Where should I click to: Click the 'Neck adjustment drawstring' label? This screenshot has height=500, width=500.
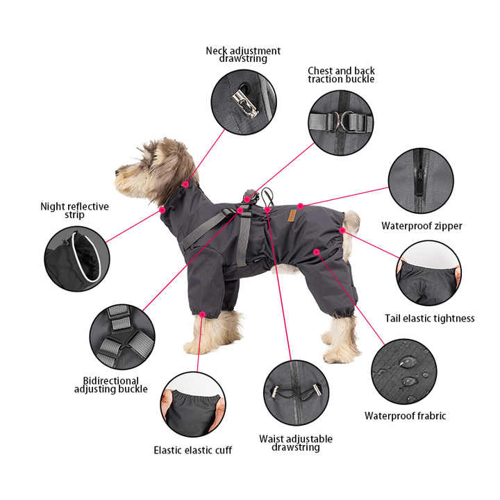click(x=243, y=55)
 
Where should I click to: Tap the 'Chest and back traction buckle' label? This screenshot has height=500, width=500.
click(x=341, y=75)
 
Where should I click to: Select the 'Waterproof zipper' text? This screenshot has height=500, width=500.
click(x=422, y=226)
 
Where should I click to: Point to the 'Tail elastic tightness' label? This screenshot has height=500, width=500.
click(x=430, y=318)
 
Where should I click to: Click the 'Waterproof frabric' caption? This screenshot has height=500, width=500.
click(x=405, y=416)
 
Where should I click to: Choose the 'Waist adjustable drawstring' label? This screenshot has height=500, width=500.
click(x=296, y=443)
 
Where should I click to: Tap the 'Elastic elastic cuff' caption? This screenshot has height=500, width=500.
click(x=192, y=450)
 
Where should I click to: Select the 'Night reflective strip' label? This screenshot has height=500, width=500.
click(x=74, y=210)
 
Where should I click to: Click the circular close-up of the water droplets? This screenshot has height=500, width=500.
click(x=403, y=371)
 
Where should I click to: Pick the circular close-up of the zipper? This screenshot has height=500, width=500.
click(x=420, y=181)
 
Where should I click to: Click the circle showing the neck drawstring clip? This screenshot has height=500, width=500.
click(x=244, y=102)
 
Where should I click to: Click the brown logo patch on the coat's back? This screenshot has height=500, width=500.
click(x=292, y=216)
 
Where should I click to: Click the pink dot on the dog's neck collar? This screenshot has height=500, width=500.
click(x=185, y=184)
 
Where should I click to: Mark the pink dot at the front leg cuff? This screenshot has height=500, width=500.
click(x=202, y=315)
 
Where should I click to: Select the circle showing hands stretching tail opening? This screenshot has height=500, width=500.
click(x=428, y=273)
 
